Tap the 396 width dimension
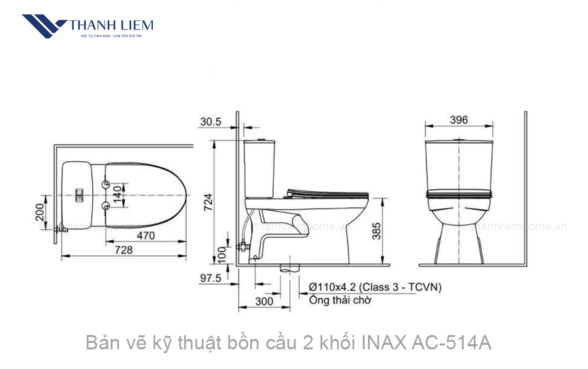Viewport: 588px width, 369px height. coord(459,120)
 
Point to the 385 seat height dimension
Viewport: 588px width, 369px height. coord(377,230)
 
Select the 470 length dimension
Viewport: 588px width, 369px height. coord(145,236)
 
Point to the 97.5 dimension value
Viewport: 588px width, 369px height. coord(210,278)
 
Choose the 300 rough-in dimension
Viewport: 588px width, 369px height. coord(264,302)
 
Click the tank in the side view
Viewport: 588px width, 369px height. coord(260,167)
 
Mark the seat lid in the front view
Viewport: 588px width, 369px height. coord(459,193)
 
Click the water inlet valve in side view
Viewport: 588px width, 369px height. coord(242,248)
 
